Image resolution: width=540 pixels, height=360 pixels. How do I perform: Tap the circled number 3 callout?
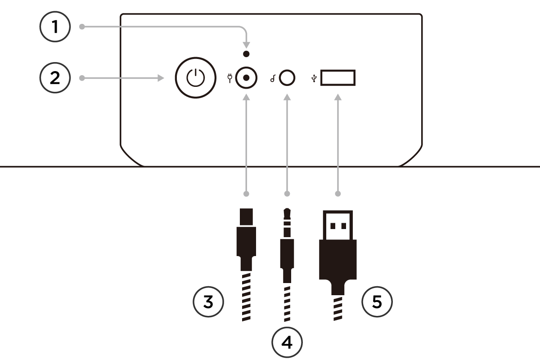208,301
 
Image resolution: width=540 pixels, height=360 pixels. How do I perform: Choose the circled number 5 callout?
377,301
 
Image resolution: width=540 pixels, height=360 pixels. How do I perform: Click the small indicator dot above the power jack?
246,54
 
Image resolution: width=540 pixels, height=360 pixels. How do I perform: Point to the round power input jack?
246,78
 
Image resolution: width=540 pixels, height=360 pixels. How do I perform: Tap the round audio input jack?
287,78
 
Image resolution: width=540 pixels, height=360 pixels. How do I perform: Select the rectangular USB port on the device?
338,78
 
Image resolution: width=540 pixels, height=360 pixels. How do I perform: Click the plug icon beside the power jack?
230,79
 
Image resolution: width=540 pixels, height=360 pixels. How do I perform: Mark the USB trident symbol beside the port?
314,78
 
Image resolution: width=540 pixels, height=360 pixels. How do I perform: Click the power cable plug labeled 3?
246,238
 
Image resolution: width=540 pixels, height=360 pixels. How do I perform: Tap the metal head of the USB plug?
338,225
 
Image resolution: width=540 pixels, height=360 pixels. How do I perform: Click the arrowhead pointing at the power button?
161,78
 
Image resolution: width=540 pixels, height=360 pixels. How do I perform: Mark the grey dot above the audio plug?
287,194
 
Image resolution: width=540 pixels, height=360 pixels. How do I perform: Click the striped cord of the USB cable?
338,308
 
